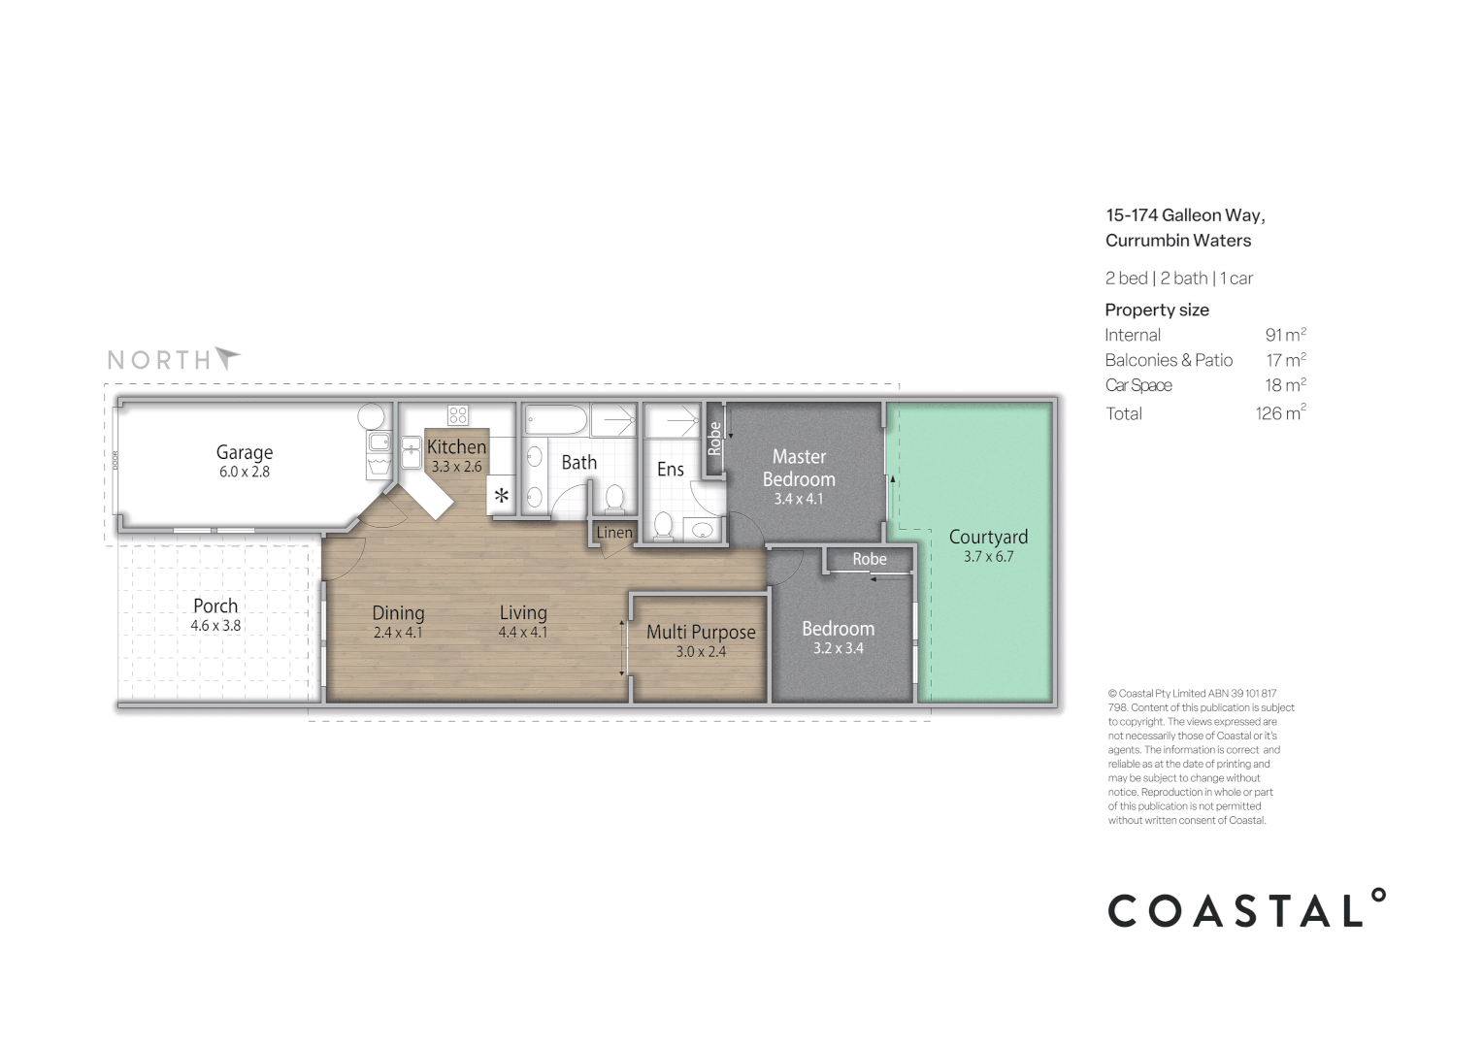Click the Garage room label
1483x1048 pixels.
click(244, 452)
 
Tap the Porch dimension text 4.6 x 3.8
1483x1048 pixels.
click(215, 626)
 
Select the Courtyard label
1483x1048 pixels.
click(988, 537)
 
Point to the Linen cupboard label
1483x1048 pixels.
click(614, 533)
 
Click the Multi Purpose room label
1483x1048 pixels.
click(701, 632)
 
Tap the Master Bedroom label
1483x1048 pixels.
click(799, 468)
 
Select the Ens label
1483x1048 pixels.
click(671, 470)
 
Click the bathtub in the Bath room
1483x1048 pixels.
click(556, 421)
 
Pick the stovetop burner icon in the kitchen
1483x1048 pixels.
click(457, 415)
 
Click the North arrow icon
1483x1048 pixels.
click(227, 358)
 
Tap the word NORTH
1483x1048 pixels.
click(158, 360)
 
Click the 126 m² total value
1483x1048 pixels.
click(1280, 413)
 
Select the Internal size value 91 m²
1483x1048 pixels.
click(1285, 335)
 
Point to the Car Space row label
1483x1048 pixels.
click(1138, 385)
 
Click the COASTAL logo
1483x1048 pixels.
click(1246, 909)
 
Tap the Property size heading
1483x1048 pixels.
click(1157, 310)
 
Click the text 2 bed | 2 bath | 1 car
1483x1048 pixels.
click(1179, 278)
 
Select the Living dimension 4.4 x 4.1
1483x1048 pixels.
click(523, 633)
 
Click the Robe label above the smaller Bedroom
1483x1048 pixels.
click(870, 559)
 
